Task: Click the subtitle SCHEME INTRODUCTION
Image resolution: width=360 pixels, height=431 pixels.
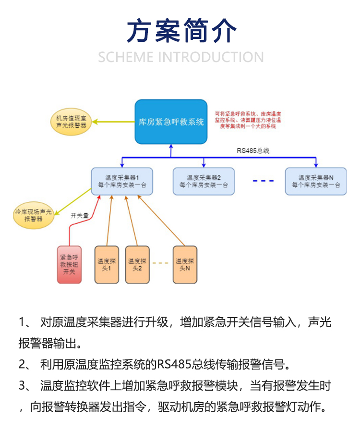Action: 181,57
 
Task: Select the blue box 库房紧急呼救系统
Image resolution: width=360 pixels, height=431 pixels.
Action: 171,122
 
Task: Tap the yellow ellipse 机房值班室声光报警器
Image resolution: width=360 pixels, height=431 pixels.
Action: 72,122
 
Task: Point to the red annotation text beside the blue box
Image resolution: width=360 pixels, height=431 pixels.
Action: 248,119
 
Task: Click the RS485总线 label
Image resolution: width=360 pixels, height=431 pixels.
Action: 252,150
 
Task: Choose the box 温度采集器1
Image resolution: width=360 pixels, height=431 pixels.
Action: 122,181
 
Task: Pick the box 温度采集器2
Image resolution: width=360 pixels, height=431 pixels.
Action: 204,181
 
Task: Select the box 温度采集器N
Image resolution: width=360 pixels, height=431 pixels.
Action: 315,181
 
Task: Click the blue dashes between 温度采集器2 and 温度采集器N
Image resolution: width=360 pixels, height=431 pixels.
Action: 264,181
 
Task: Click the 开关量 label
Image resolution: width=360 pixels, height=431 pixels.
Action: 80,216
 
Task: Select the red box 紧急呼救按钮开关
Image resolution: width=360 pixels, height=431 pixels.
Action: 70,264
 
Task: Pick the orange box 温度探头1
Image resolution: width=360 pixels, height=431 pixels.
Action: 107,264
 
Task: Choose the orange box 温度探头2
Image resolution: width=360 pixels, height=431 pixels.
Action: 137,264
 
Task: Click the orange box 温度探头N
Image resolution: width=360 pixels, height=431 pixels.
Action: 185,264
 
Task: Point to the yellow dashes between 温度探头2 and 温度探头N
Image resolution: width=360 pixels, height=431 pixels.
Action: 161,263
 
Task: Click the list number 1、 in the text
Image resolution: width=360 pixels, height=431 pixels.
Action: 24,322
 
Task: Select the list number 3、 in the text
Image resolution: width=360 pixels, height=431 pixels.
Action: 24,386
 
